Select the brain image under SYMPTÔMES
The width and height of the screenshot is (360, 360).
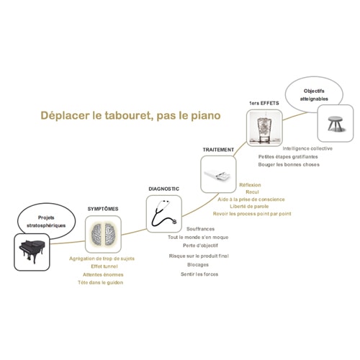pos(104,234)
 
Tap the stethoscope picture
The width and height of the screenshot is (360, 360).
pos(164,214)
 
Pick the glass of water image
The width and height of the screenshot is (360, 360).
pos(264,127)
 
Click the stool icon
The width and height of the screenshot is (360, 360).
pos(336,124)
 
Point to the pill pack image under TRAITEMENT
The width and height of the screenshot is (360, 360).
pos(217,175)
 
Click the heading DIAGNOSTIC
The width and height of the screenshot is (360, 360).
pos(164,189)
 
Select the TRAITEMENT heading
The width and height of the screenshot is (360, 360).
pos(218,150)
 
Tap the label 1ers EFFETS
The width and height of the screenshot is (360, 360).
pos(264,103)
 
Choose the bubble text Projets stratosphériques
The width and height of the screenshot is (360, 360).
pos(46,222)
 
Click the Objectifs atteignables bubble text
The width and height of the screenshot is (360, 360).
pos(314,95)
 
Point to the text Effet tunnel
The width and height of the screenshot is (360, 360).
pos(104,266)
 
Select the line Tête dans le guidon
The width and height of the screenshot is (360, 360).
pos(101,282)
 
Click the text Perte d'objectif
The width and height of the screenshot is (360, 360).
pos(200,246)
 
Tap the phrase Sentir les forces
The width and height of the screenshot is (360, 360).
pos(199,274)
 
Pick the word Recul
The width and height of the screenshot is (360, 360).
pos(252,192)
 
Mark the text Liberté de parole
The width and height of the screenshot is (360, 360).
pos(249,207)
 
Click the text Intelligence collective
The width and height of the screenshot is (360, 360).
pos(307,148)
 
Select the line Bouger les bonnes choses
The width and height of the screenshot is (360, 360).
pos(289,165)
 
